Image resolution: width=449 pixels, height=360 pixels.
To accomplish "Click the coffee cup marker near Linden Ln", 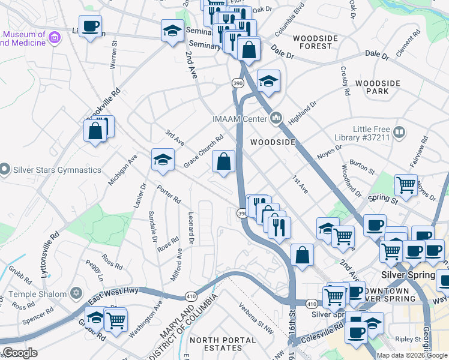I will (x=90, y=26).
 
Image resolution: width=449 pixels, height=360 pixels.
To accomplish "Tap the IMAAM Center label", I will (x=238, y=118).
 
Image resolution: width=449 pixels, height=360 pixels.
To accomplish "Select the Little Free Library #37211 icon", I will (x=399, y=131).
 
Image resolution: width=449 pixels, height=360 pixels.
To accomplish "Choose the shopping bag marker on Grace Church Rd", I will (x=223, y=161).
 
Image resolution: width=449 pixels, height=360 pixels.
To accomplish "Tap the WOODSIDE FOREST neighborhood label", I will (x=312, y=42).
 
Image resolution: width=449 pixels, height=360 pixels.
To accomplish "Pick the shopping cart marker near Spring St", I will (x=406, y=185).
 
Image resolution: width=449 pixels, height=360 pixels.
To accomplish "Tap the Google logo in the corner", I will (x=20, y=353).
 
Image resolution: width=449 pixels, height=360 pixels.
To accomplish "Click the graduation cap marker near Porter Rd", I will (x=162, y=160).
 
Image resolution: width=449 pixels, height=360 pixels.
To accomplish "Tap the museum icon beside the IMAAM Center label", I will (x=276, y=117).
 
